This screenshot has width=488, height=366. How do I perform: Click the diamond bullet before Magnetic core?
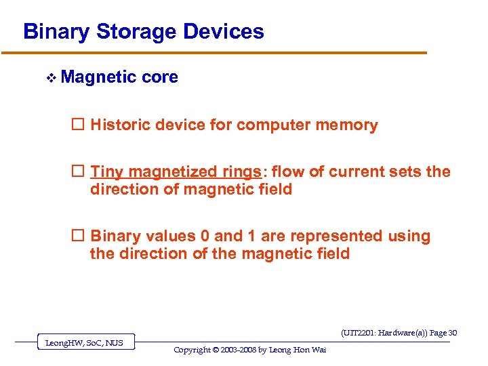pyautogui.click(x=50, y=79)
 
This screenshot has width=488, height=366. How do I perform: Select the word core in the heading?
pyautogui.click(x=160, y=77)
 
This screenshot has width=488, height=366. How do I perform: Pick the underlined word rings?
pyautogui.click(x=241, y=172)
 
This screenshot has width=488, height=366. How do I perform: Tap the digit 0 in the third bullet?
pyautogui.click(x=205, y=237)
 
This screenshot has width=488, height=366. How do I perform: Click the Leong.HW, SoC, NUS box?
pyautogui.click(x=84, y=343)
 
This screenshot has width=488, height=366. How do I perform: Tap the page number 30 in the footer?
pyautogui.click(x=453, y=333)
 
